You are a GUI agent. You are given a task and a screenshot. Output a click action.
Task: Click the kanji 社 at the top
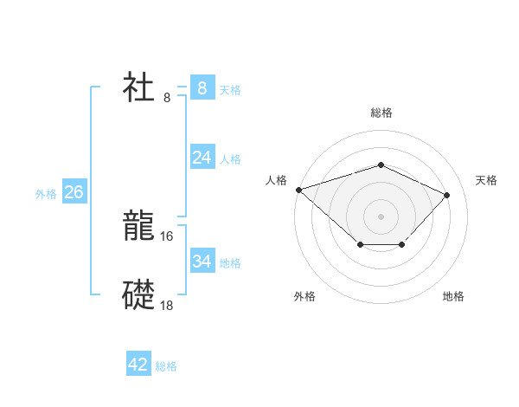click(139, 87)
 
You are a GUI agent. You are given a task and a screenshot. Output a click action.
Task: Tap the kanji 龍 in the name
click(139, 227)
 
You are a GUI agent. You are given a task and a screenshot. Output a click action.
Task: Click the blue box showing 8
click(202, 87)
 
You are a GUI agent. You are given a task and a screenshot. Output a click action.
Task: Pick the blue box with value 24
click(202, 157)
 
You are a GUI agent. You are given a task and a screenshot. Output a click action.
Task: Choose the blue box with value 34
click(202, 261)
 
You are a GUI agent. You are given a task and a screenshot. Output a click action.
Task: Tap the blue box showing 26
click(74, 191)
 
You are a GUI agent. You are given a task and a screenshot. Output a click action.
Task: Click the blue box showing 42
click(138, 365)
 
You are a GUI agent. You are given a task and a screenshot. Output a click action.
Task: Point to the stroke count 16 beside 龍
click(167, 236)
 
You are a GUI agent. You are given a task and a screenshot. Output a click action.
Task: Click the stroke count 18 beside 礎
click(167, 305)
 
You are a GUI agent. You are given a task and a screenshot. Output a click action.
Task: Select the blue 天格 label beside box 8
click(230, 90)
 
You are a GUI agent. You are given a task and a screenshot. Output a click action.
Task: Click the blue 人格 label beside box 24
click(230, 159)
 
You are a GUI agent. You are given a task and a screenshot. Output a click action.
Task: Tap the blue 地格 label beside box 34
click(230, 263)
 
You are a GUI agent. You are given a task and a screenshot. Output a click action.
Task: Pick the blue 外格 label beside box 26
click(46, 194)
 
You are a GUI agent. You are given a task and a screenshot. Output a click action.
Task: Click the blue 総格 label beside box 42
click(166, 367)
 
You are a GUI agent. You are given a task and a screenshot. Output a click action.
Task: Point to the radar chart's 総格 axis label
click(381, 113)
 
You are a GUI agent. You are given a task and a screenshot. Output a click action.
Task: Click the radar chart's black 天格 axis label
click(486, 180)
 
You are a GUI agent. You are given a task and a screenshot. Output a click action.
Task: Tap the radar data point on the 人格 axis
click(298, 190)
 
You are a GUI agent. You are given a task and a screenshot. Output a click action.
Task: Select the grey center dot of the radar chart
click(381, 216)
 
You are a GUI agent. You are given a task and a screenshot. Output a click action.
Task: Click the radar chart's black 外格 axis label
click(304, 296)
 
